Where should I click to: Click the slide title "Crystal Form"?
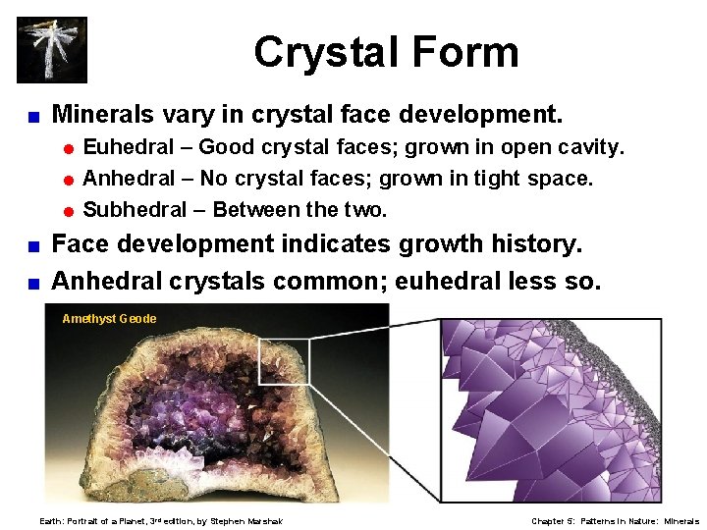coord(386,51)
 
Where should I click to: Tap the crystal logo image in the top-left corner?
coord(52,49)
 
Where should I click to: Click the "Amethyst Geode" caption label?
coord(109,319)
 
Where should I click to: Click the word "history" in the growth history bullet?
coord(525,244)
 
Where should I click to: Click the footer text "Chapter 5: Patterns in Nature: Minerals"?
coord(615,521)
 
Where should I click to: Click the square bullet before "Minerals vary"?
coord(31,117)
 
